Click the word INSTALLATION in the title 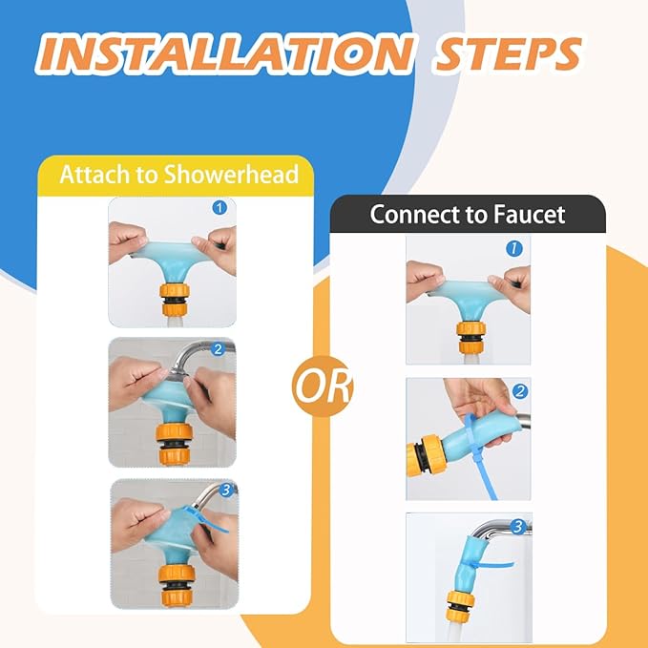(225, 54)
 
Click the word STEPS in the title (509, 54)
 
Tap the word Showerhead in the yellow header (231, 174)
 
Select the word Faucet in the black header (530, 215)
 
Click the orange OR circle (322, 387)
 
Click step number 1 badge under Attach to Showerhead (219, 207)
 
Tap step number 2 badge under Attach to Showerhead (218, 349)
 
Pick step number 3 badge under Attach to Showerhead (226, 491)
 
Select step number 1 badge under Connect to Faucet (514, 248)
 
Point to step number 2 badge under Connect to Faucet (520, 391)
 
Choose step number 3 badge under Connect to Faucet (518, 527)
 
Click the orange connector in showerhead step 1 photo (175, 300)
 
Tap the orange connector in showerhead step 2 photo (175, 445)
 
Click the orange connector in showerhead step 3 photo (177, 586)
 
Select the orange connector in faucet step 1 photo (470, 337)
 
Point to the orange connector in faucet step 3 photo (460, 606)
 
